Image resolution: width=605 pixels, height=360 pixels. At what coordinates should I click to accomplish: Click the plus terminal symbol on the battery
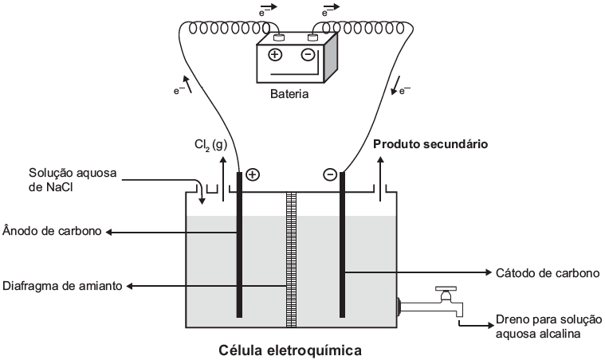275,55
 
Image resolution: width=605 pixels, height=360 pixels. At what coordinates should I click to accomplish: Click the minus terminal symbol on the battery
307,55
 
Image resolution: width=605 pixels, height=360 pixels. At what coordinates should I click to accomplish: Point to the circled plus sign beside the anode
253,174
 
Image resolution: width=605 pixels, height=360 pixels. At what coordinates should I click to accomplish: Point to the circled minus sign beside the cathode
329,174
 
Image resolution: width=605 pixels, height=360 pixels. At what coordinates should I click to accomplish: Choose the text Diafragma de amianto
61,286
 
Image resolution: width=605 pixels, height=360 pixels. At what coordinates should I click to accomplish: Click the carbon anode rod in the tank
239,255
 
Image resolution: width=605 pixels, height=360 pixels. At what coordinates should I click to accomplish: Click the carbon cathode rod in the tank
344,255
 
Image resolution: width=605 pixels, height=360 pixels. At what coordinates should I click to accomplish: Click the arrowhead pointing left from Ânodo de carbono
111,232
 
